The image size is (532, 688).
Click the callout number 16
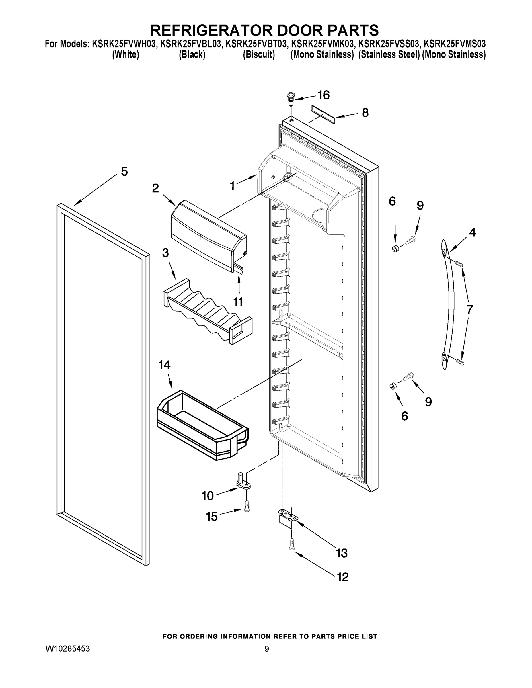(x=324, y=95)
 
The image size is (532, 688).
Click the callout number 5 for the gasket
(x=124, y=172)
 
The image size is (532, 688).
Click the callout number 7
(x=469, y=310)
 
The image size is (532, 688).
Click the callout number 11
(x=238, y=302)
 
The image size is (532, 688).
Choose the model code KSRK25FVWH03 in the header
(x=124, y=44)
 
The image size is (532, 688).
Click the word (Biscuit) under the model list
(x=259, y=54)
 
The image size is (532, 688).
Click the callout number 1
(x=233, y=186)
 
